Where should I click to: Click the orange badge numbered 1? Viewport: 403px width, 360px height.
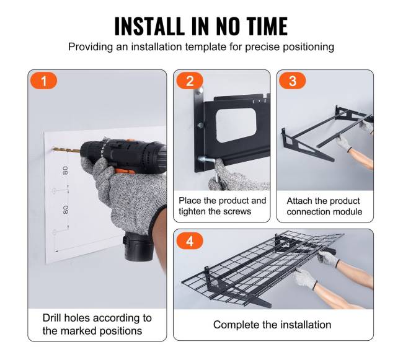[43, 81]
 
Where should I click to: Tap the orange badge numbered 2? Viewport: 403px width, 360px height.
[190, 81]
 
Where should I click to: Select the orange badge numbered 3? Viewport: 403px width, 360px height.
[293, 81]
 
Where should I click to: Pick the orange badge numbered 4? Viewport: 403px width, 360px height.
[190, 241]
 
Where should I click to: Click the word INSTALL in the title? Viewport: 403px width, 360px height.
[149, 26]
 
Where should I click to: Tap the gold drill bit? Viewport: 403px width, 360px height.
[66, 150]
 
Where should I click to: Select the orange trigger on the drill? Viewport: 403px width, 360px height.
[125, 171]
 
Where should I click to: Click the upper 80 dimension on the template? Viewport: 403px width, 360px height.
[66, 170]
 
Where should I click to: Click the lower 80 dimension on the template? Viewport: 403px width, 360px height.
[66, 209]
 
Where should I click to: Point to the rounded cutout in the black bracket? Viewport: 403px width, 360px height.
[236, 125]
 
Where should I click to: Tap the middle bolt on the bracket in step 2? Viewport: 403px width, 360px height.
[200, 125]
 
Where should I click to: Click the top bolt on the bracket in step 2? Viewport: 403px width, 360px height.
[200, 90]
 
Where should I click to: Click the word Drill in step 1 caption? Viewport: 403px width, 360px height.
[52, 318]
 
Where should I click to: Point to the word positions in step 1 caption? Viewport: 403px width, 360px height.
[121, 331]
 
